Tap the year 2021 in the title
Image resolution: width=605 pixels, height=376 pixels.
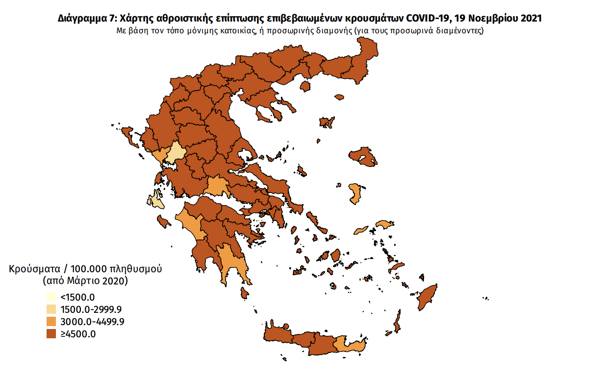[529, 19]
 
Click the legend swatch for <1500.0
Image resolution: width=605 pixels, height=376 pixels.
[51, 297]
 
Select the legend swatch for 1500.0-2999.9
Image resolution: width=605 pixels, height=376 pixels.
[51, 309]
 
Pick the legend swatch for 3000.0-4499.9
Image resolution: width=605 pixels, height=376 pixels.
[51, 322]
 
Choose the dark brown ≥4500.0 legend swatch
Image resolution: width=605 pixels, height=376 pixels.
[51, 334]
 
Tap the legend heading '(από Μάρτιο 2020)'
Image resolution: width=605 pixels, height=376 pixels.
[85, 281]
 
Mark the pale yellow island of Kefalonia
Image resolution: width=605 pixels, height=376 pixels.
[155, 199]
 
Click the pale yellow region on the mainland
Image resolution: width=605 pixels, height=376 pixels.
[176, 154]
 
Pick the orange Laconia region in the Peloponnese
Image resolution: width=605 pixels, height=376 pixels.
[229, 264]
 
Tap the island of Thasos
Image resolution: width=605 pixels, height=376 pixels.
[305, 86]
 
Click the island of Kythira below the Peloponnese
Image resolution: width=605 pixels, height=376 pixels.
[243, 293]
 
